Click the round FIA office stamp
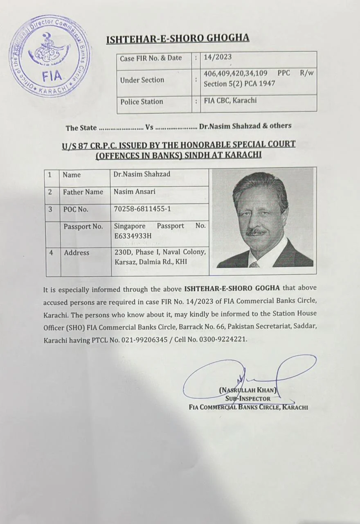pyautogui.click(x=50, y=56)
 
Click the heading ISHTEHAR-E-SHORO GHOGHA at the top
pyautogui.click(x=177, y=38)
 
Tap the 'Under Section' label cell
pyautogui.click(x=142, y=80)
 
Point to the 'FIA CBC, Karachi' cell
pyautogui.click(x=230, y=101)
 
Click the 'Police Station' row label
pyautogui.click(x=142, y=102)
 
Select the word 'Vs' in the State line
pyautogui.click(x=149, y=127)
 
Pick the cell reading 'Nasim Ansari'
pyautogui.click(x=135, y=192)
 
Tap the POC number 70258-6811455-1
pyautogui.click(x=142, y=209)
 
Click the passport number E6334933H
pyautogui.click(x=133, y=236)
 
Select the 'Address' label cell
pyautogui.click(x=76, y=253)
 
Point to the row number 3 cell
pyautogui.click(x=50, y=209)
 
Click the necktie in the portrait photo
pyautogui.click(x=254, y=264)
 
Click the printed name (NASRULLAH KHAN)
pyautogui.click(x=248, y=390)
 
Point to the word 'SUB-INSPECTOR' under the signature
pyautogui.click(x=248, y=399)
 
